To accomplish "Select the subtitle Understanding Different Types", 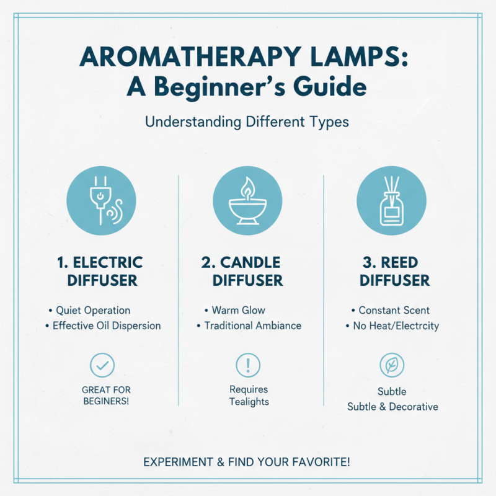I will (x=247, y=122).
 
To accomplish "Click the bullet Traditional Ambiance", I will (x=252, y=325).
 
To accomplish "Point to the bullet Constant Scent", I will (x=394, y=310).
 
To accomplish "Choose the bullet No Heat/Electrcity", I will (x=395, y=325).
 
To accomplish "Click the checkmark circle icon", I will (x=102, y=365).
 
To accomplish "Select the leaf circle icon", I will (x=392, y=366).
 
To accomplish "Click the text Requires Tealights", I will (x=249, y=396).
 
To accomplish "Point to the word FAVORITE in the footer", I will (x=323, y=462).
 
